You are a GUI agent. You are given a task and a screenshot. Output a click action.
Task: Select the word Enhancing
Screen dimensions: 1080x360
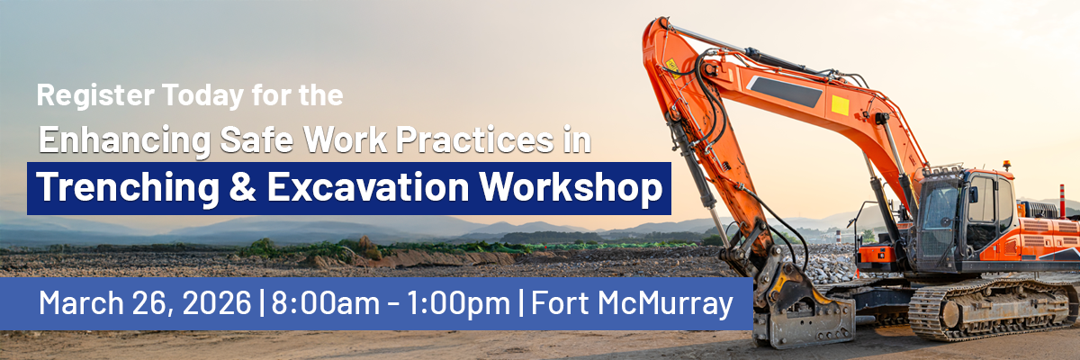click(125, 140)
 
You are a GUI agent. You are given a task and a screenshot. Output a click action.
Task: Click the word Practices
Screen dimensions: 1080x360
click(474, 139)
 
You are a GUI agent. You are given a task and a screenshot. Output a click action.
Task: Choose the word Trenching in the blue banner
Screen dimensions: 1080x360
click(128, 188)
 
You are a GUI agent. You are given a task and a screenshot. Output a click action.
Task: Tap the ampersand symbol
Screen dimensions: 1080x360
click(242, 187)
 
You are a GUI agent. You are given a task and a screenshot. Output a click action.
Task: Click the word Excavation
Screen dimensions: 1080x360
click(368, 187)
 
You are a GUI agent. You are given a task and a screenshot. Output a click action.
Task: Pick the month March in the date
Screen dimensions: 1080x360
click(82, 302)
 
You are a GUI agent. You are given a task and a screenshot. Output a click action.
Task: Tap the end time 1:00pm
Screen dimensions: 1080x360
click(458, 303)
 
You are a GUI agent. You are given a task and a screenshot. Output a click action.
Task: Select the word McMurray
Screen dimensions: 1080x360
click(665, 303)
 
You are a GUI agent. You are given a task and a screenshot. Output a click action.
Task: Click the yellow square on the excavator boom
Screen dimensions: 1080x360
click(840, 105)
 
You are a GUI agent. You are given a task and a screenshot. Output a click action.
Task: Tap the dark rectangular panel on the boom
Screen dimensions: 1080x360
click(785, 92)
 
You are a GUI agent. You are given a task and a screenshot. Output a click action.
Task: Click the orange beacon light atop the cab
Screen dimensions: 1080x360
click(1007, 165)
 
